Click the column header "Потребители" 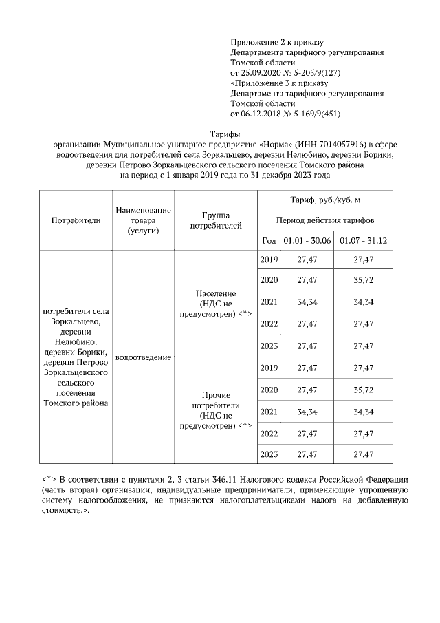pyautogui.click(x=76, y=220)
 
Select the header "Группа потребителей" pyautogui.click(x=216, y=220)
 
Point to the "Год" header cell pyautogui.click(x=269, y=240)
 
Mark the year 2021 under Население pyautogui.click(x=269, y=302)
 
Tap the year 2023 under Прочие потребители pyautogui.click(x=269, y=454)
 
